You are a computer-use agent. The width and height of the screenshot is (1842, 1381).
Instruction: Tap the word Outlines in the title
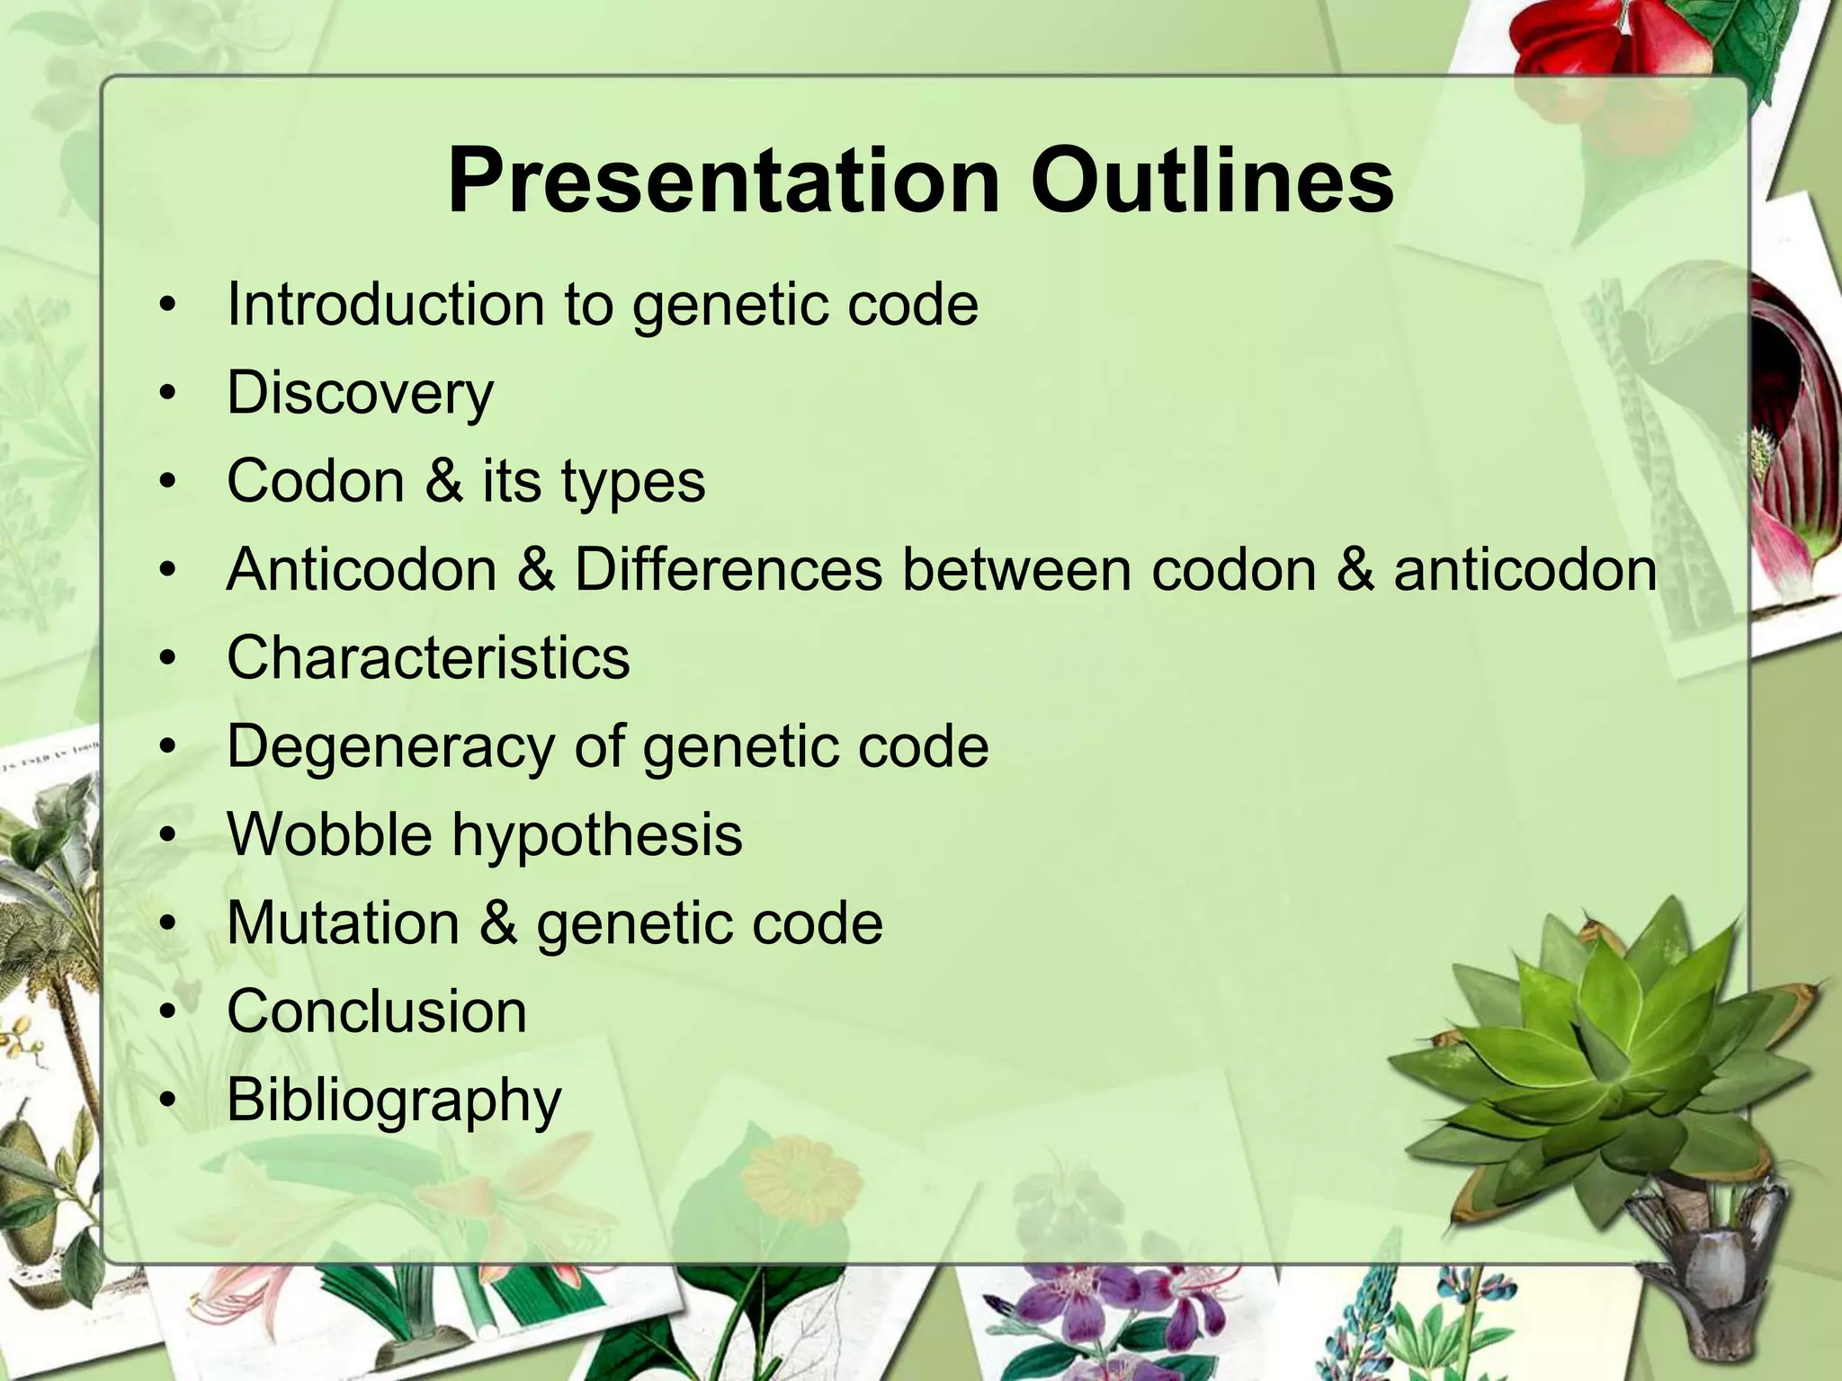pyautogui.click(x=1212, y=182)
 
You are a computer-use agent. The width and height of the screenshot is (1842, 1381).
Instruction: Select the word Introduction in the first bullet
pyautogui.click(x=385, y=304)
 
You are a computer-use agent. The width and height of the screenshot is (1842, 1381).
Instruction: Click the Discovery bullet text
pyautogui.click(x=360, y=393)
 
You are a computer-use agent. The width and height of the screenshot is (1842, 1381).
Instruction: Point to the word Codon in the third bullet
pyautogui.click(x=316, y=481)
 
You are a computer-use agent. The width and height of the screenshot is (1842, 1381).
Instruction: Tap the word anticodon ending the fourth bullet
pyautogui.click(x=1525, y=569)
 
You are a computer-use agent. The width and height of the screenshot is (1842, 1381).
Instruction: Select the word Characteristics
pyautogui.click(x=428, y=657)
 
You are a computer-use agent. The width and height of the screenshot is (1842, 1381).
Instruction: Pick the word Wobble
pyautogui.click(x=329, y=834)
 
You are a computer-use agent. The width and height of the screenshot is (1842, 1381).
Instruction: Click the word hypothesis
pyautogui.click(x=596, y=834)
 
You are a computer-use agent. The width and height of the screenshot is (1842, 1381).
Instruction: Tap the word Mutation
pyautogui.click(x=343, y=922)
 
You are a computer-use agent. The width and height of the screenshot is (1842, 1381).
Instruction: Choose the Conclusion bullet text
pyautogui.click(x=376, y=1011)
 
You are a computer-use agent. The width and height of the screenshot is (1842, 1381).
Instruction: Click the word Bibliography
pyautogui.click(x=394, y=1100)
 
